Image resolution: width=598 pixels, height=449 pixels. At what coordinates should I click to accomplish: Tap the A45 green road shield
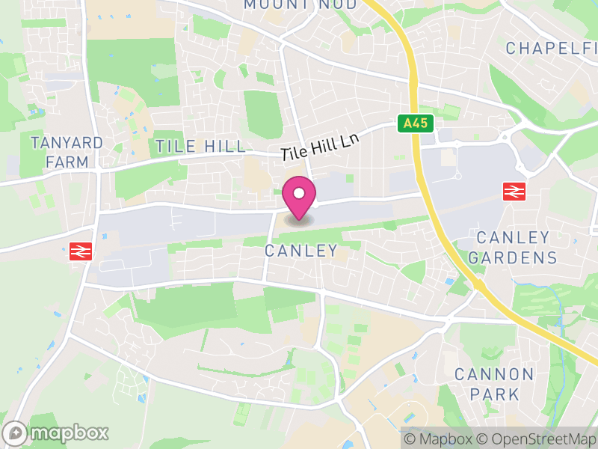416,123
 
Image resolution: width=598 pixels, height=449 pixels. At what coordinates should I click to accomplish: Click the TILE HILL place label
200,146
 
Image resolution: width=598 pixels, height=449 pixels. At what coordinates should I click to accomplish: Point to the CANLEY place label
301,251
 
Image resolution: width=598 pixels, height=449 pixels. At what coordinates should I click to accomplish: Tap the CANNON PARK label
494,383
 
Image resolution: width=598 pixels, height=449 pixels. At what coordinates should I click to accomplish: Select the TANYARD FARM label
67,152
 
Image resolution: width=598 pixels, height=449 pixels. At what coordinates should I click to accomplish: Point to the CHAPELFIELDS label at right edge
552,49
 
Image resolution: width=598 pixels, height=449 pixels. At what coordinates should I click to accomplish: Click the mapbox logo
57,433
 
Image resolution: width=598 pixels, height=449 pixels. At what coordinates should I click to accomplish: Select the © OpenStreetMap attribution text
537,439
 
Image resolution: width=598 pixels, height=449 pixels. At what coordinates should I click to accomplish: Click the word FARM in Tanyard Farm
67,162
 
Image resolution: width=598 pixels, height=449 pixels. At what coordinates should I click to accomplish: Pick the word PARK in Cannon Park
494,394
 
